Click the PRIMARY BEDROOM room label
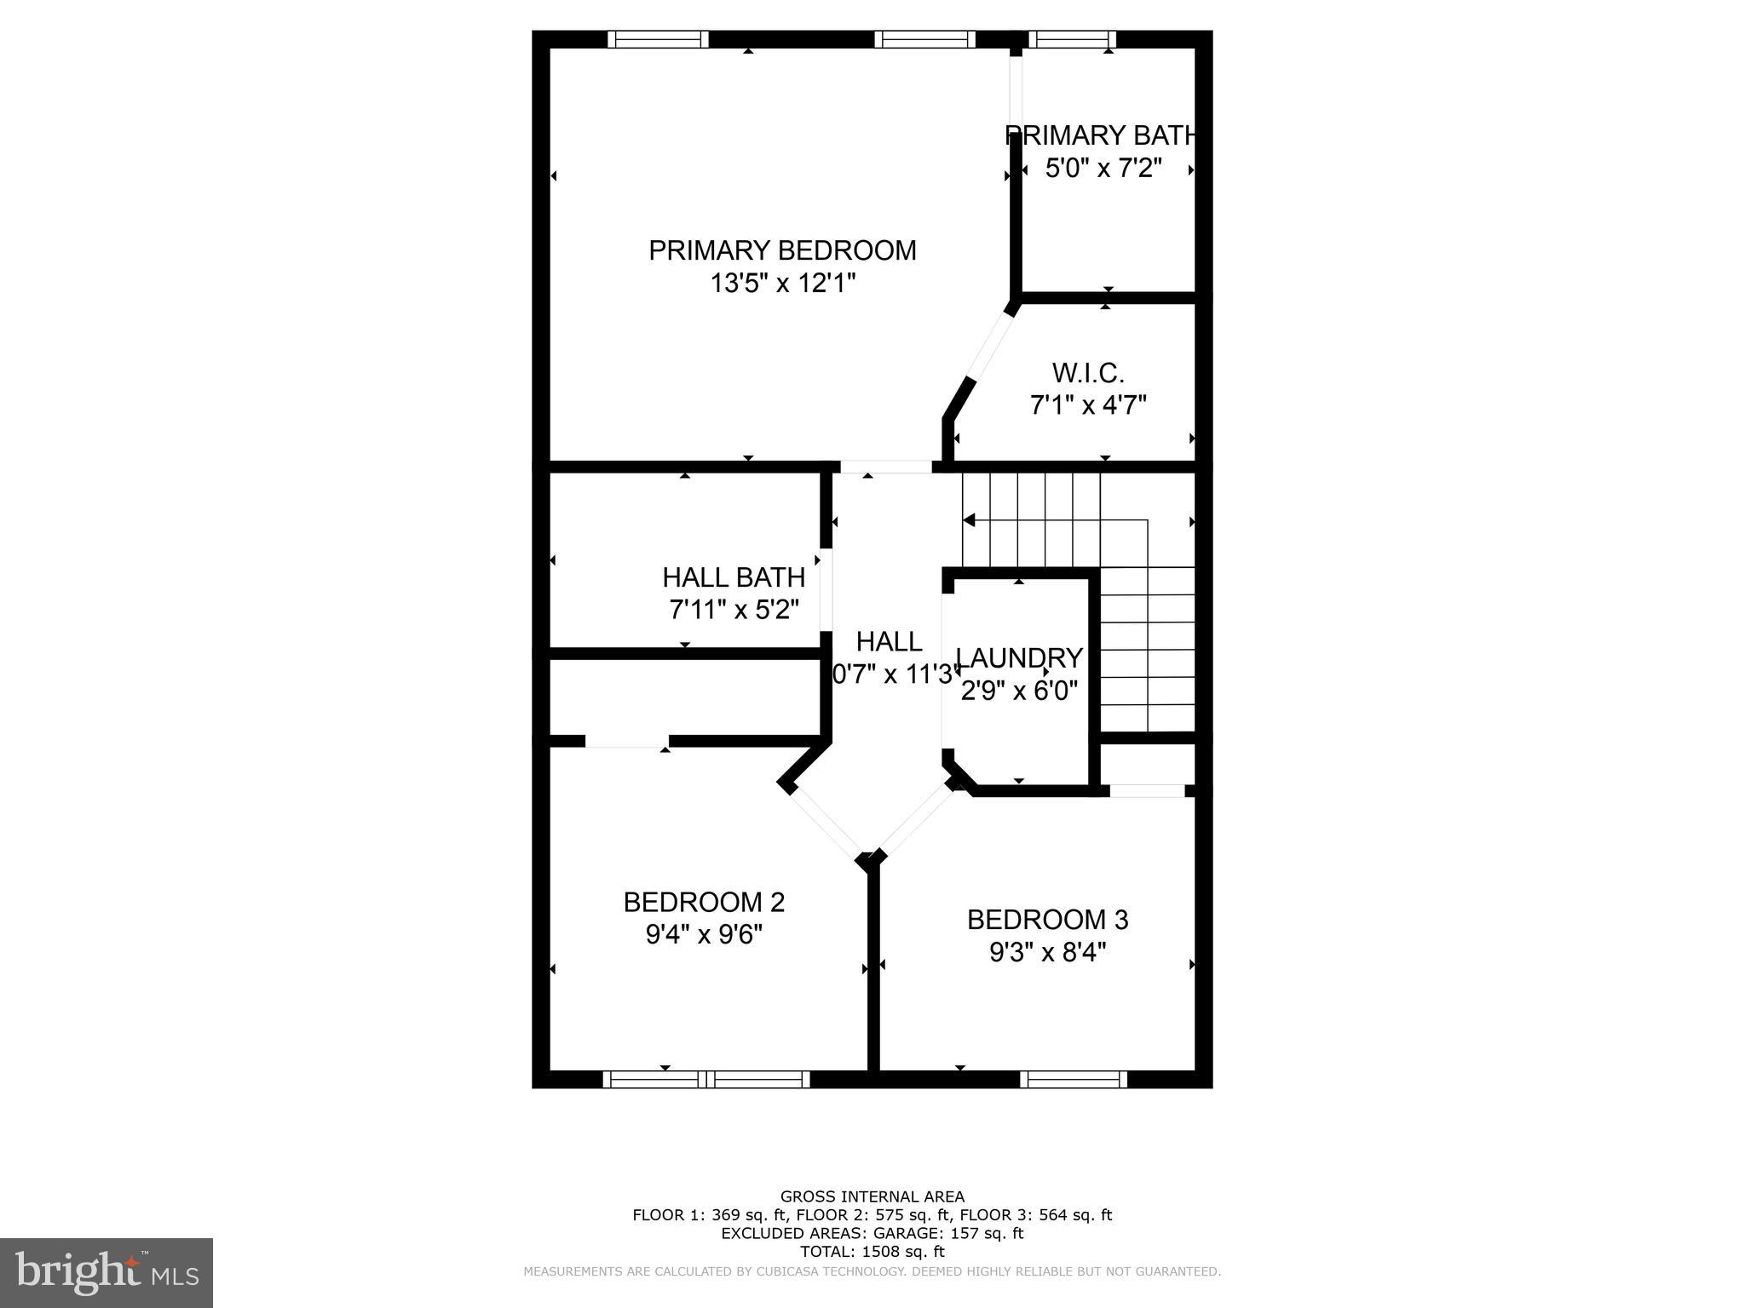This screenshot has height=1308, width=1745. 782,250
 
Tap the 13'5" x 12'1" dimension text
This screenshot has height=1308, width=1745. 782,283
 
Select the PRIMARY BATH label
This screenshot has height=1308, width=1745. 1101,135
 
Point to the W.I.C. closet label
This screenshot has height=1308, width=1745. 1088,372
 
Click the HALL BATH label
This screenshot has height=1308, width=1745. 734,577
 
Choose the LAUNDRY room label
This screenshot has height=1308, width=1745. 1019,657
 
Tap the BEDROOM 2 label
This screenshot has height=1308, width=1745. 704,902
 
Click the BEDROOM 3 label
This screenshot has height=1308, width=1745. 1047,920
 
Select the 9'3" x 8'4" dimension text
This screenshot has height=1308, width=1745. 1047,952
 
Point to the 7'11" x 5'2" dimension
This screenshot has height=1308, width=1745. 734,610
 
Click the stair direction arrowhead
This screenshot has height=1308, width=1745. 969,519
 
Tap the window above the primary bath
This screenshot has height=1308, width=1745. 1072,39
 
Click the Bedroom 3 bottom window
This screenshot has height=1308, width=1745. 1074,1080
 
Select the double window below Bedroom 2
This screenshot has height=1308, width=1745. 706,1080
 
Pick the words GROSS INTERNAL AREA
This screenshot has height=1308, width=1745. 872,1196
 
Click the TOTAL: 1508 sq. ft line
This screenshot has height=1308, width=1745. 872,1252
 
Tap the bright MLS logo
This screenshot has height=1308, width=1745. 107,1273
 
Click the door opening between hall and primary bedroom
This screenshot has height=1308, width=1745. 886,467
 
